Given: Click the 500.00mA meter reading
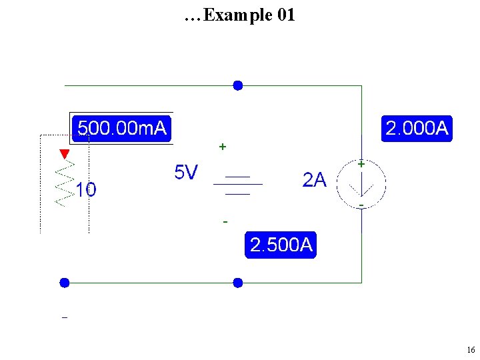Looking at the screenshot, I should pos(121,127).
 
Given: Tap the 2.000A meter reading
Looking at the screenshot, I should pos(417,128).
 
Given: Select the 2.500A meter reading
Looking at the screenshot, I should pos(281,245).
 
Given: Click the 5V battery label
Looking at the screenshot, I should pos(186,173).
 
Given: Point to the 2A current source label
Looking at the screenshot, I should pos(315,179).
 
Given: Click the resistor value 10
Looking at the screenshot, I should pos(85,191).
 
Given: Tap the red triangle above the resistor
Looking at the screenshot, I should pos(64,155).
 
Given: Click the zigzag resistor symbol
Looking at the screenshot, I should pos(64,183).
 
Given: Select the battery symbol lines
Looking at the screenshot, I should pos(237,185).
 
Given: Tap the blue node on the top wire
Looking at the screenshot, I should pos(237,85).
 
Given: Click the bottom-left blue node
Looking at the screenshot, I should pos(64,283).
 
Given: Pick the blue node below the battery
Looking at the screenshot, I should pos(237,283).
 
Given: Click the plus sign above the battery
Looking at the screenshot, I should pos(223,145).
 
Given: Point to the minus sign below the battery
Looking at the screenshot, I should pos(225,221).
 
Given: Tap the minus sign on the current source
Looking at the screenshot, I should pos(361,204).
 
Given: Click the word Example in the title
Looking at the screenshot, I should pos(237,15).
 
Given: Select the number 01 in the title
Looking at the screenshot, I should pos(285,15).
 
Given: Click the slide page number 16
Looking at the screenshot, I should pos(471,350).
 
